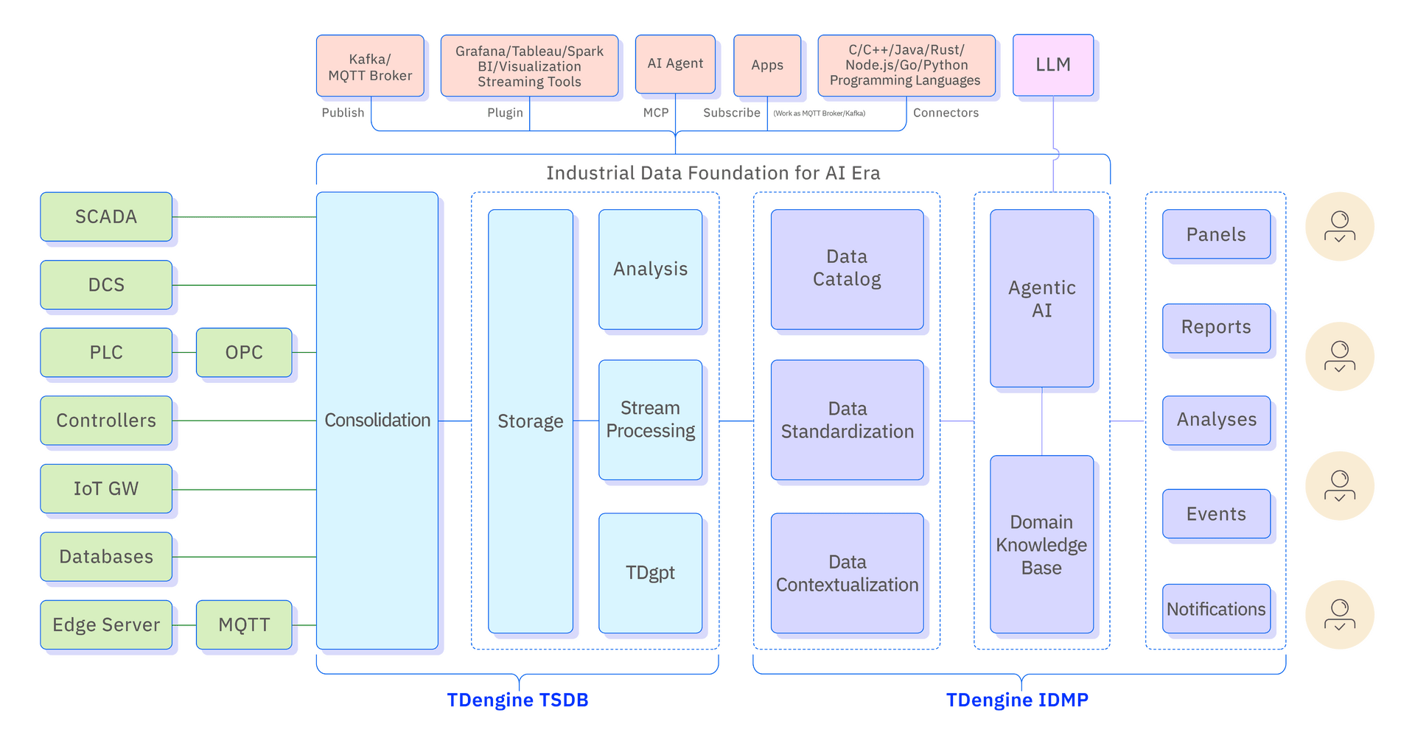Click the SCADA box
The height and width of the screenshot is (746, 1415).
click(106, 217)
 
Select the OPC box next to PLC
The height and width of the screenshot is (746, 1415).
click(244, 352)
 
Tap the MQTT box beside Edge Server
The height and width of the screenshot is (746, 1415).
click(244, 624)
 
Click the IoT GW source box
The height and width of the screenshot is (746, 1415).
click(106, 488)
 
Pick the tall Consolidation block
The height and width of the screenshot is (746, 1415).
click(377, 420)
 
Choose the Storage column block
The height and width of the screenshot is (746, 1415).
click(530, 420)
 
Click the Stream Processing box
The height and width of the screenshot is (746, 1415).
click(650, 419)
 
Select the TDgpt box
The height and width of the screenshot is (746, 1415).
click(650, 572)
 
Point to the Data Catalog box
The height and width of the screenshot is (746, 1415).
click(847, 269)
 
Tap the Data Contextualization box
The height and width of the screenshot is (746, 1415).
click(847, 573)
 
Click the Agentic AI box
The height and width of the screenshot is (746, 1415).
click(1041, 298)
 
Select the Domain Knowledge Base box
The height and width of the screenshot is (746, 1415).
click(1041, 544)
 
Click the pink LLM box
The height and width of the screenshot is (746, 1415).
click(1052, 65)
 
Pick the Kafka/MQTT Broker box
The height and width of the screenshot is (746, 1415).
click(370, 66)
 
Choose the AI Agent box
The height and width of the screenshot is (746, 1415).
click(675, 64)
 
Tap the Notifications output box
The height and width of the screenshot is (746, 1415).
click(1216, 609)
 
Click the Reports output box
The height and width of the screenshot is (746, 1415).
click(1216, 327)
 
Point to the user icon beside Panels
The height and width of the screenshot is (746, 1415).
click(1339, 227)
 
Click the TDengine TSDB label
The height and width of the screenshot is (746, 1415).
click(518, 700)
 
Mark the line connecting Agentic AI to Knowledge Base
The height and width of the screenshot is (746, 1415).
click(1042, 421)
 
